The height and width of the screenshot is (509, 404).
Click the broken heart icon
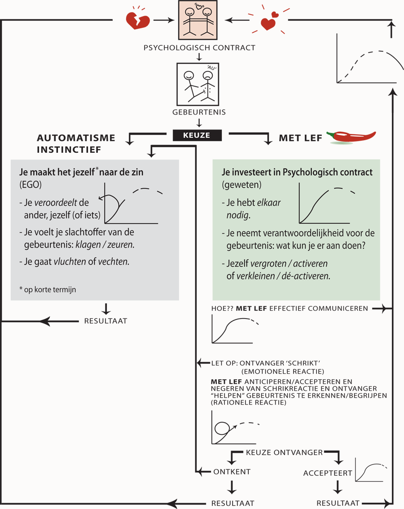click(x=137, y=19)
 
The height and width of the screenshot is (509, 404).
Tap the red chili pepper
click(x=351, y=137)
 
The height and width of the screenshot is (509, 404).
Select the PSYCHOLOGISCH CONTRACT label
click(x=199, y=48)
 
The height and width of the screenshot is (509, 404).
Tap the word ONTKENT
click(x=232, y=472)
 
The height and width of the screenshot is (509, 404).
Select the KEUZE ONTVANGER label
click(x=284, y=453)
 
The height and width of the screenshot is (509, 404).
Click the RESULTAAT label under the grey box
click(x=106, y=321)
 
